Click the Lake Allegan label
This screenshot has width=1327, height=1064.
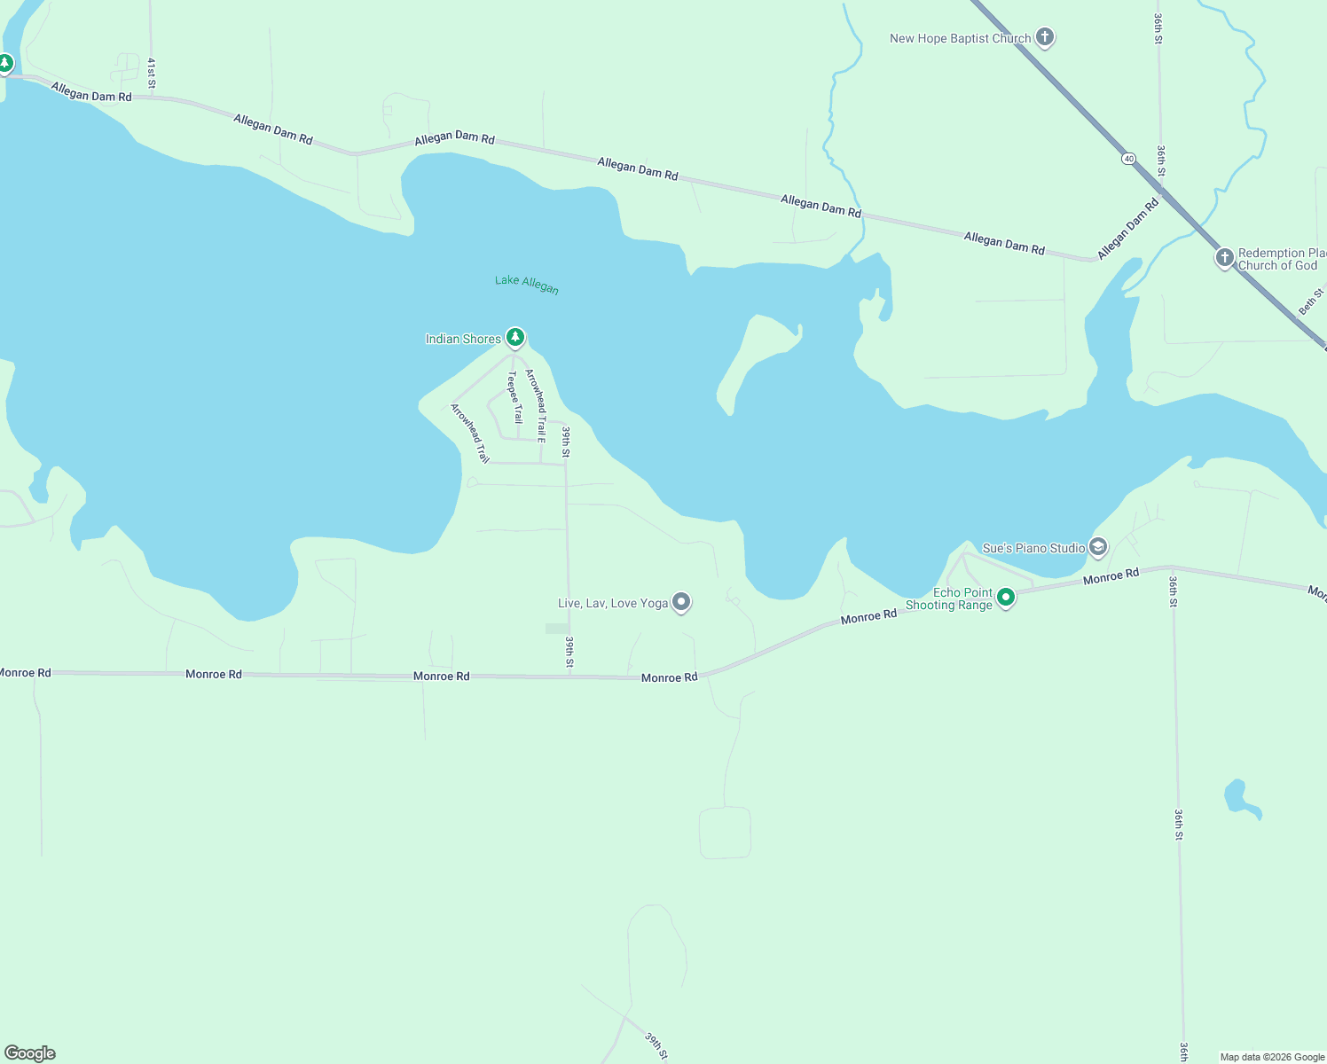(x=527, y=284)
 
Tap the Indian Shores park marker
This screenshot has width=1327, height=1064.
(x=515, y=338)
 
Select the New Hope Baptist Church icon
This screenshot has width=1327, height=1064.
(x=1045, y=37)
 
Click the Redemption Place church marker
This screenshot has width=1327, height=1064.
(x=1224, y=258)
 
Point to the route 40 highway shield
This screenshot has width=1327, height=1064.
(x=1128, y=159)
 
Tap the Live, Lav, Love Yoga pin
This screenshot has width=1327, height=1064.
(x=681, y=602)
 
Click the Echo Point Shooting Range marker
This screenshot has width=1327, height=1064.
(x=1006, y=598)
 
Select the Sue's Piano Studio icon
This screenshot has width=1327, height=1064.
(x=1098, y=547)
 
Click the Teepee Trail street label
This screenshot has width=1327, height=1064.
(x=514, y=397)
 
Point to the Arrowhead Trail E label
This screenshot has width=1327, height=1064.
(x=536, y=406)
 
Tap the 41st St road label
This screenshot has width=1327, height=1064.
(x=152, y=73)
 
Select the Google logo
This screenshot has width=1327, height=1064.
(x=30, y=1053)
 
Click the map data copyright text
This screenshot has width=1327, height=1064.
(x=1272, y=1057)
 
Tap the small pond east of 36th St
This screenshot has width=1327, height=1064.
(x=1237, y=796)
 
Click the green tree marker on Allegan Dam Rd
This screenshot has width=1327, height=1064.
(x=5, y=63)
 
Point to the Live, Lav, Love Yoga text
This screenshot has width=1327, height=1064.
(x=613, y=603)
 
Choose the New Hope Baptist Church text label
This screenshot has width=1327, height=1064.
(x=960, y=38)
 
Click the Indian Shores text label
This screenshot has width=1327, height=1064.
(x=463, y=339)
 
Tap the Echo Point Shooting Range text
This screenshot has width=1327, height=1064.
(x=949, y=598)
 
